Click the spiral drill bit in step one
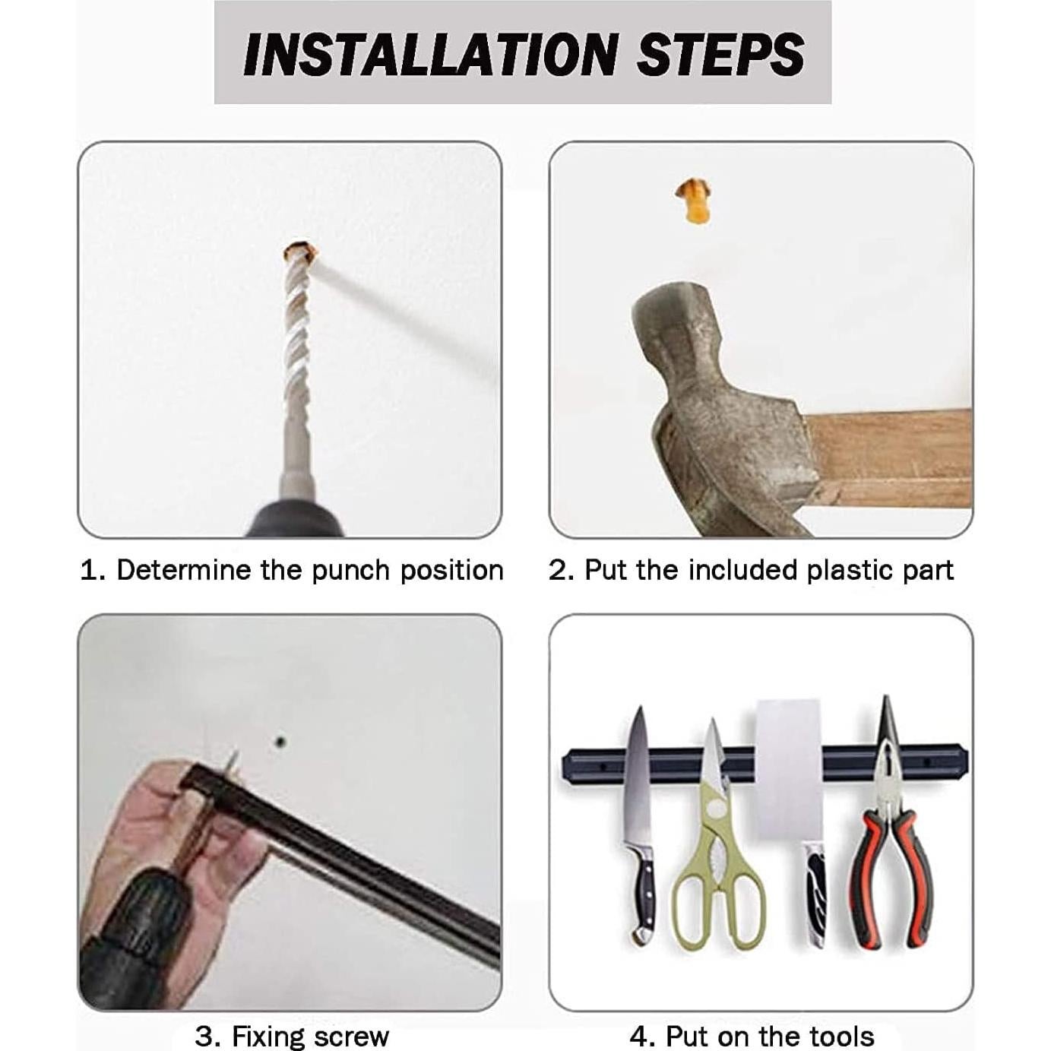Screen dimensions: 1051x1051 [297, 360]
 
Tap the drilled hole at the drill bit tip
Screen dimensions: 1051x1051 [300, 252]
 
